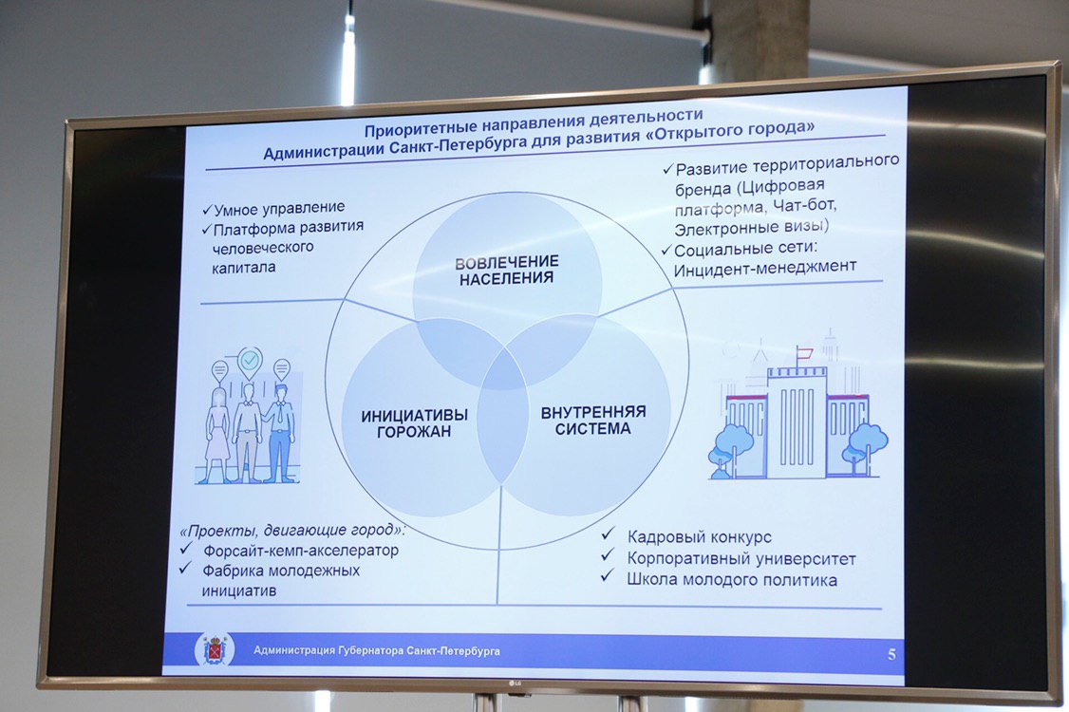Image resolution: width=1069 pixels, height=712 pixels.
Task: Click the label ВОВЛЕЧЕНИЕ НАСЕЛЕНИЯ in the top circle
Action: tap(507, 270)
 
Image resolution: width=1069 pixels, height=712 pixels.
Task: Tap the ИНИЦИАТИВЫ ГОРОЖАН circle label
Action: tap(414, 422)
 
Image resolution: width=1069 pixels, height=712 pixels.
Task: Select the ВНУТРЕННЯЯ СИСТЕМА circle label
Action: tap(593, 421)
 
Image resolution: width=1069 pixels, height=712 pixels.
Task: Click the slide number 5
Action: tap(891, 655)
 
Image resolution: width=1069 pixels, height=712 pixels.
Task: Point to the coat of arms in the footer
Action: tap(215, 649)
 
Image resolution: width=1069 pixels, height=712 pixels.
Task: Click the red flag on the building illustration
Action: tap(804, 352)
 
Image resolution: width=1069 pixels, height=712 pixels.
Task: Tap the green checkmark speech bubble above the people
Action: tap(250, 362)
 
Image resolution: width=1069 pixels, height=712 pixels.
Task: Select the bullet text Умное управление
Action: tap(279, 208)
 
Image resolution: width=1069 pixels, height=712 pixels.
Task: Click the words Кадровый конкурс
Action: tap(700, 536)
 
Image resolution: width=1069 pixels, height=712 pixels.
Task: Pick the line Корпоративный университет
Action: tap(741, 558)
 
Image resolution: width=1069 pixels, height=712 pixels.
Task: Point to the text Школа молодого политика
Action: tap(732, 580)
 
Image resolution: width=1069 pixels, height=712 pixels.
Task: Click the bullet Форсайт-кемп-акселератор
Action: tap(301, 550)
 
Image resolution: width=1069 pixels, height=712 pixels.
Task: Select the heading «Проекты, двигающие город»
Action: tap(291, 530)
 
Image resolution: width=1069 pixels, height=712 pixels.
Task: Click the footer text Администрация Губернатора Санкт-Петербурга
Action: tap(376, 650)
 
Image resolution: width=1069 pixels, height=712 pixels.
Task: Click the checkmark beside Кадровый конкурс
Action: tap(608, 534)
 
